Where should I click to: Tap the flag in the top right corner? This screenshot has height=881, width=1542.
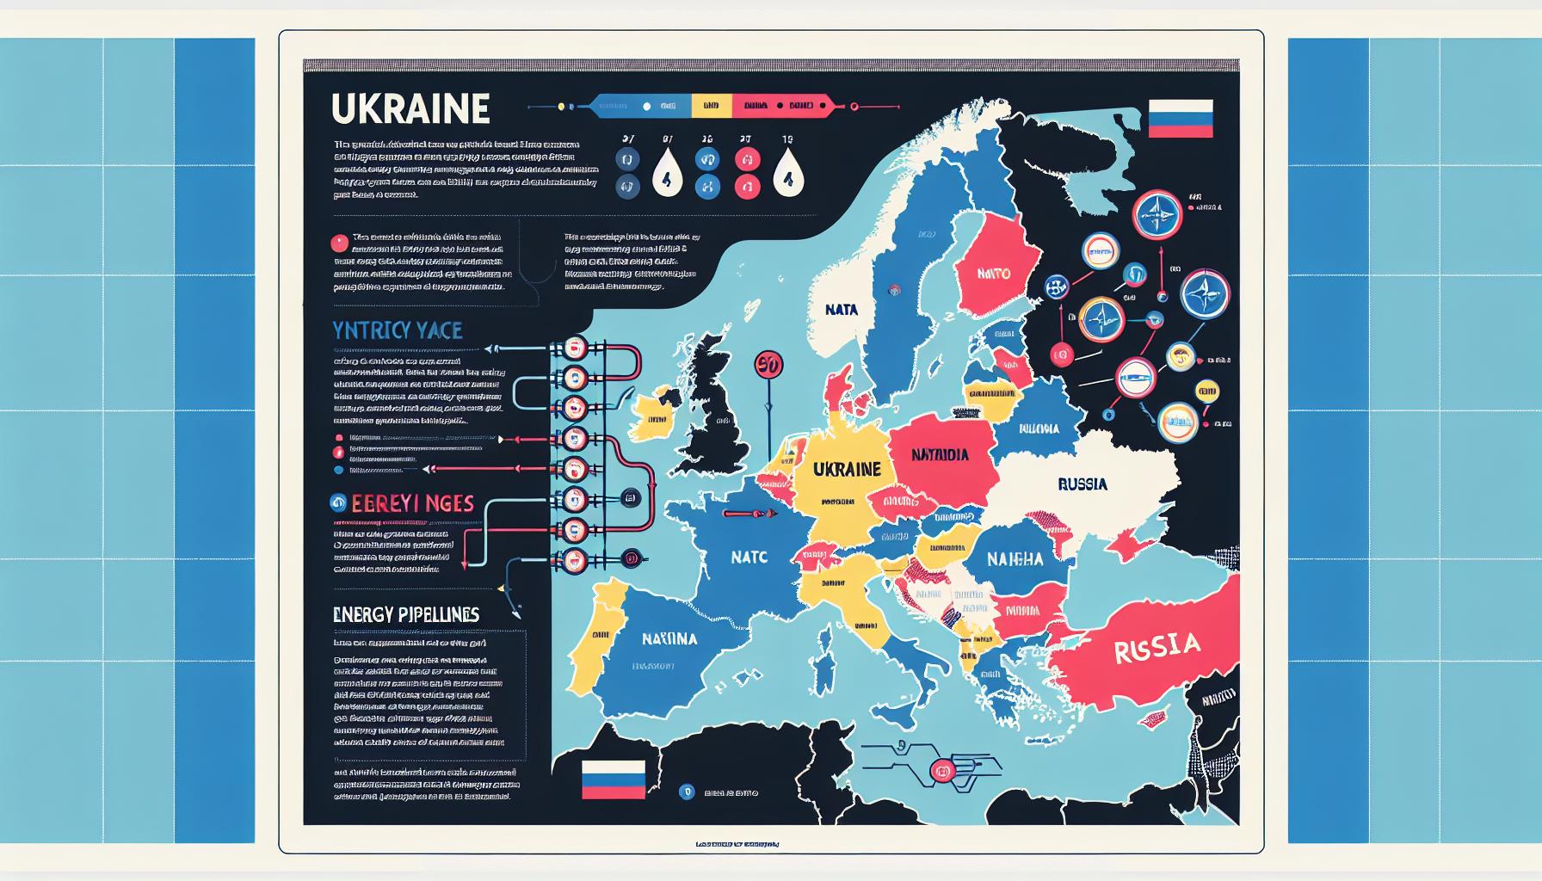(1180, 119)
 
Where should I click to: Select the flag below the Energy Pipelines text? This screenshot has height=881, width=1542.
(613, 779)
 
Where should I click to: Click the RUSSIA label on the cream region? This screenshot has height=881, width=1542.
(1082, 484)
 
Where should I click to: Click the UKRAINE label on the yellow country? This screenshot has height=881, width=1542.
(847, 469)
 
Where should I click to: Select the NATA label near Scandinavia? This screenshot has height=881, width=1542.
(841, 309)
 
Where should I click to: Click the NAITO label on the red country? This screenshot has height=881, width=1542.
(994, 274)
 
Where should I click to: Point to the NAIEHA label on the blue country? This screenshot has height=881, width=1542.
(1015, 558)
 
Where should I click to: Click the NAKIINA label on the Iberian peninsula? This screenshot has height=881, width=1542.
(669, 639)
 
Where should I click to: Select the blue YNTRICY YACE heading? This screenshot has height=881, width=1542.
(398, 330)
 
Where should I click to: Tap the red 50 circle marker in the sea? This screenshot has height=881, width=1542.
(768, 364)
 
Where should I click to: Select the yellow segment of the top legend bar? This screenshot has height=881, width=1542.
(711, 106)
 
